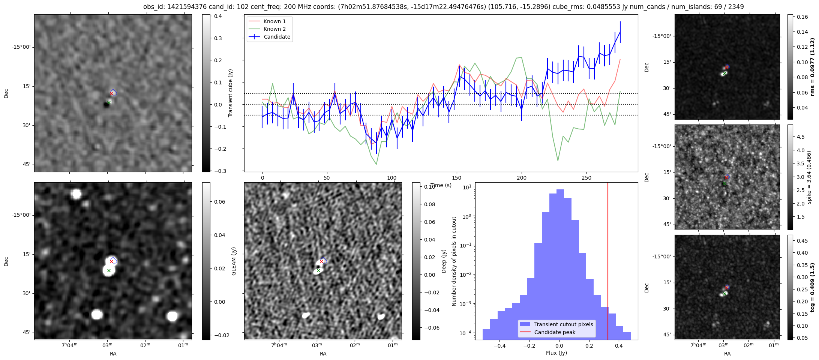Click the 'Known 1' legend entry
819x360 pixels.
(x=274, y=21)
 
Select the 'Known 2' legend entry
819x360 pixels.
(x=274, y=29)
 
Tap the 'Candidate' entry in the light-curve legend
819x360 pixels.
(x=277, y=37)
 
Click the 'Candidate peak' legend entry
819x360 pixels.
(x=555, y=332)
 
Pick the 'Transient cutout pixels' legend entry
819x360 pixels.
(x=564, y=324)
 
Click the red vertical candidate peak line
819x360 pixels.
(x=608, y=262)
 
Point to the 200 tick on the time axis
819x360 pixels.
(x=521, y=177)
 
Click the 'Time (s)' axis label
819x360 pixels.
(x=441, y=185)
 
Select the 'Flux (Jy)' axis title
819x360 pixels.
(x=556, y=353)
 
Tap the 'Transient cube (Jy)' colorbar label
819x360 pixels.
(x=231, y=93)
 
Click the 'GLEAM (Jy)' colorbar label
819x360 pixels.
(x=234, y=261)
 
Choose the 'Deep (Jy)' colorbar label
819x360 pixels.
(x=444, y=261)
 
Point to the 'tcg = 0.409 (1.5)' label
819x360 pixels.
(x=812, y=287)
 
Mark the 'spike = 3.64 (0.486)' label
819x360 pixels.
(x=809, y=177)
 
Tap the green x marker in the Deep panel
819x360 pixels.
(x=318, y=270)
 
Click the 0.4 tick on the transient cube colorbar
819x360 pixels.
(x=218, y=16)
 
